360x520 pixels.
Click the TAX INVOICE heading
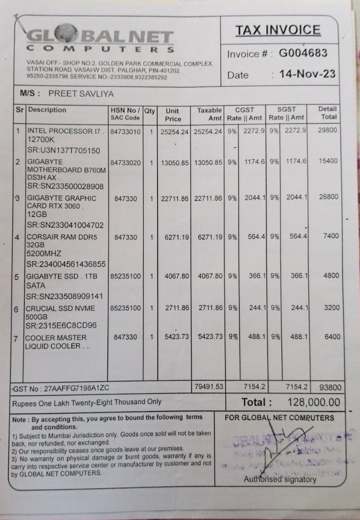(x=278, y=30)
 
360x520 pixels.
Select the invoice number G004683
(x=303, y=53)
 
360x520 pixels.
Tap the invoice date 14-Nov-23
(x=308, y=74)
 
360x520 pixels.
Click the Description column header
(x=47, y=110)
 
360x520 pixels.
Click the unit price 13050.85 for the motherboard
(x=174, y=163)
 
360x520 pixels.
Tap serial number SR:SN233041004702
(x=65, y=225)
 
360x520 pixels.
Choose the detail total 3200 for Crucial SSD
(x=331, y=308)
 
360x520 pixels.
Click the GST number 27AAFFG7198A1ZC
(x=60, y=389)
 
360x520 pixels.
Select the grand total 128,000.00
(x=313, y=402)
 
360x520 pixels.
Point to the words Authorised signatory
(x=279, y=479)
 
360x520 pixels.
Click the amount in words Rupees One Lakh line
(x=86, y=402)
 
